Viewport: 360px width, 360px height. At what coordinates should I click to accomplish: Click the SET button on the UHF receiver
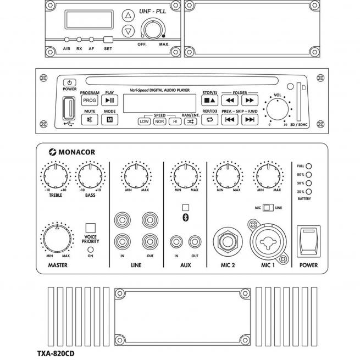coord(108,40)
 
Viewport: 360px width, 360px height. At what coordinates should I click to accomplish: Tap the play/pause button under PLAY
coord(109,101)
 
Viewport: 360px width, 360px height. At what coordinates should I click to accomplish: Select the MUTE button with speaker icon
coord(89,120)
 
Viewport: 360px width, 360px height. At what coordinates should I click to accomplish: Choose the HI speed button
coord(175,121)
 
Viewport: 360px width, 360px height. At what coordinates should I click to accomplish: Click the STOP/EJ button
coord(209,101)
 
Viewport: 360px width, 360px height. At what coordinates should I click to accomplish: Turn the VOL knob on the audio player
coord(278,110)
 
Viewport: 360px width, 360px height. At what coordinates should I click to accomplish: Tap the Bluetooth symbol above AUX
coord(185,218)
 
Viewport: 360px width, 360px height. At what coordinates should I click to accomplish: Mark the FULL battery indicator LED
coord(309,165)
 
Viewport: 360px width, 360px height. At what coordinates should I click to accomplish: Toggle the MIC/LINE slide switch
coord(268,207)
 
